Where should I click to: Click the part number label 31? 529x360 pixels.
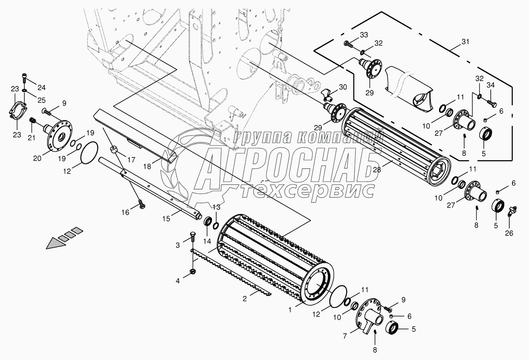(465, 42)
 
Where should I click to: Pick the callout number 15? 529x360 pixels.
(166, 219)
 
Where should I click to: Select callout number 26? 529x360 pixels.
(509, 233)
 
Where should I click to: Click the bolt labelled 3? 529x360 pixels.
(193, 237)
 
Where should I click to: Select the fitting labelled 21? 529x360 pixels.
(33, 122)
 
